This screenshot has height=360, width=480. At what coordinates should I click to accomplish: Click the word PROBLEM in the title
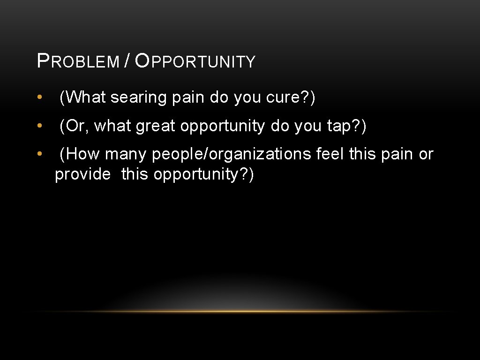point(78,61)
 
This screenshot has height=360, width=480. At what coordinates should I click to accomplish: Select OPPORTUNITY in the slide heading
point(195,61)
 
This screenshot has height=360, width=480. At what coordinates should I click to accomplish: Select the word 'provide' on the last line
point(83,174)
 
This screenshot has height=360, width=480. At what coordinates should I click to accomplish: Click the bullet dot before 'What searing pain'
point(41,98)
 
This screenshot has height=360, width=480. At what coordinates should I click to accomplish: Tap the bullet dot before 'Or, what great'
point(41,126)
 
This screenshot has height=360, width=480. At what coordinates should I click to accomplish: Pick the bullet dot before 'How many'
point(41,154)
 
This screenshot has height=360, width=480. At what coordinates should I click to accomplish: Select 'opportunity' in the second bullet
point(223,127)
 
